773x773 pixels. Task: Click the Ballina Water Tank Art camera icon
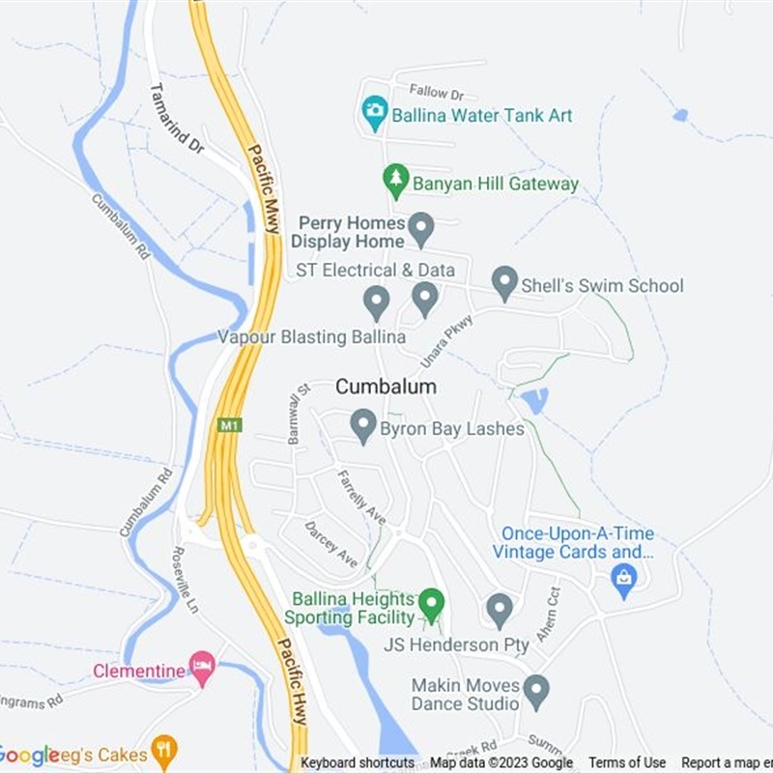[374, 114]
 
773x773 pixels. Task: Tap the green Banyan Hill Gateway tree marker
[395, 181]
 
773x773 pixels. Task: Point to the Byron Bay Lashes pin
[363, 426]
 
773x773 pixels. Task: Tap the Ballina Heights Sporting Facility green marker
[431, 605]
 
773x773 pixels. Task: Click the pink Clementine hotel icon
[202, 669]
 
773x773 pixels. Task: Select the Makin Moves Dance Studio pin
[536, 692]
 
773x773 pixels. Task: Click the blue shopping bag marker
[624, 580]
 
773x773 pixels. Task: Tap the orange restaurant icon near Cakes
[165, 751]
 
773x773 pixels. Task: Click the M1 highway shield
[229, 425]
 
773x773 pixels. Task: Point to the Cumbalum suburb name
[386, 386]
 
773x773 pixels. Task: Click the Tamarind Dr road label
[177, 118]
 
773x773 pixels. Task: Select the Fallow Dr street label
[436, 93]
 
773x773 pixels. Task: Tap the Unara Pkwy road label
[446, 341]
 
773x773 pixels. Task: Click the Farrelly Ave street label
[360, 496]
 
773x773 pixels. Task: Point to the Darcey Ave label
[330, 544]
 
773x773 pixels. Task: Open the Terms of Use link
[627, 763]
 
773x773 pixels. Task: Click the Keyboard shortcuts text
[358, 763]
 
